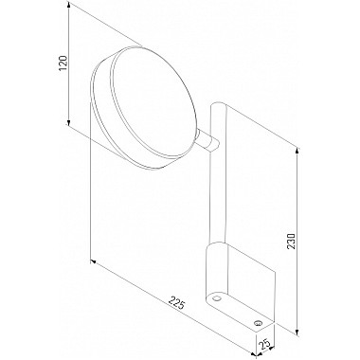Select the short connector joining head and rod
[x=208, y=141]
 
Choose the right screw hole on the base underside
[x=261, y=321]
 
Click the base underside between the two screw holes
[x=239, y=309]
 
